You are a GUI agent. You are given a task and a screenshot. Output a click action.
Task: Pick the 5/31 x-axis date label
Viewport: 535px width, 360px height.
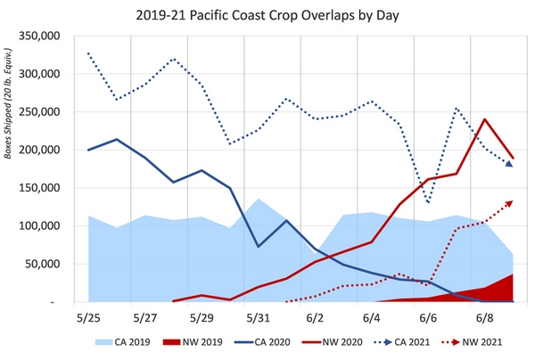coord(258,316)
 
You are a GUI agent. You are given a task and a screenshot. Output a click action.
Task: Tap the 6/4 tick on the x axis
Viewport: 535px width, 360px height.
coord(371,316)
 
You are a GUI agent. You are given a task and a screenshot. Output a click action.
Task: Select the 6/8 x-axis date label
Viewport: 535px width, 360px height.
coord(484,316)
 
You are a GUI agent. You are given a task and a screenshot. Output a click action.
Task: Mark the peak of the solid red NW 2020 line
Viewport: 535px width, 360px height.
coord(484,119)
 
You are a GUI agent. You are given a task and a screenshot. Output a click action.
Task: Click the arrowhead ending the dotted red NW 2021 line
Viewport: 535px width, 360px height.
coord(511,202)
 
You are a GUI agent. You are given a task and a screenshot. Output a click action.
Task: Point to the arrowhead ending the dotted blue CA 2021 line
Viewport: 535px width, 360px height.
coord(511,165)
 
